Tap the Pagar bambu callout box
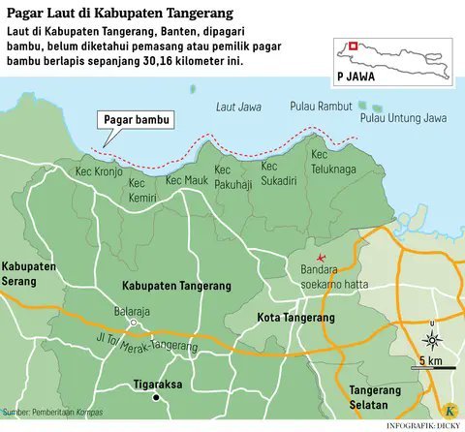[132, 121]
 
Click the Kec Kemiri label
[142, 188]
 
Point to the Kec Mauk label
[188, 179]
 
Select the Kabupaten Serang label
[28, 271]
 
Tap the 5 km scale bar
[431, 367]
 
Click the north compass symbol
[433, 341]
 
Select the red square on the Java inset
[355, 45]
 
